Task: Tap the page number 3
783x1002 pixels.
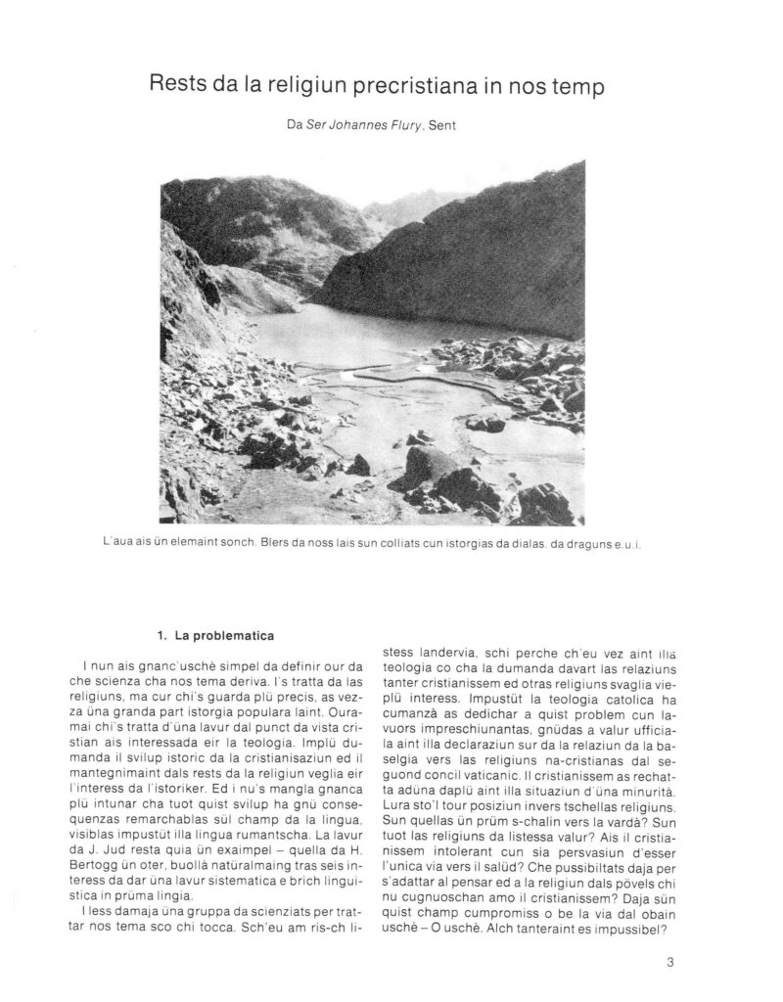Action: (x=669, y=961)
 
